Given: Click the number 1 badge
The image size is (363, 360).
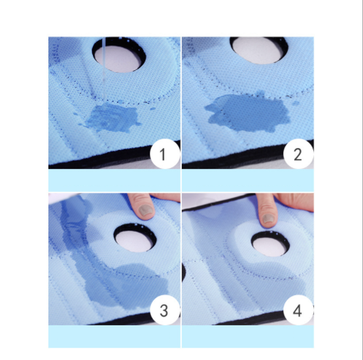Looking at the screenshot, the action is coord(165,154).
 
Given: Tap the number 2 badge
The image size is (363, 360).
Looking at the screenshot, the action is coord(298,154).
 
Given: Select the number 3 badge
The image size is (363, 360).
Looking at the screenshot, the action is coord(165,310).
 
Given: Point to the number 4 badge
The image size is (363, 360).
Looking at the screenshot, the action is coord(298,310).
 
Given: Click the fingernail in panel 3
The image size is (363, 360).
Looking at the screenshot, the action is coord(146,210).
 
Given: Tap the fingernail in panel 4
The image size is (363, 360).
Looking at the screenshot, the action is coord(269,219).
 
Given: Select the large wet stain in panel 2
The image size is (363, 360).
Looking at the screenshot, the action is coord(248,113).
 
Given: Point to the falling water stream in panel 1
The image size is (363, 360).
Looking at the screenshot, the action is coord(104,69).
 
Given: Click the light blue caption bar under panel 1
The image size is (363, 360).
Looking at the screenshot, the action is coord(114,180).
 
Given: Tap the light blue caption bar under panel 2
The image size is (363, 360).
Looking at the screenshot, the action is coord(248,180).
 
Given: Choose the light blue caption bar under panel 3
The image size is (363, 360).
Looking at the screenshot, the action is coord(114,336).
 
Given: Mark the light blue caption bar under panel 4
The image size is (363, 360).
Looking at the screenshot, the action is coord(248,336).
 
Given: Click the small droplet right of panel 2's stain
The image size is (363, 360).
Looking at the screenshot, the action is coord(296,103).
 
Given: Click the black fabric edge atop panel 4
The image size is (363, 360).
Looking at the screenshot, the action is coord(218,203).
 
